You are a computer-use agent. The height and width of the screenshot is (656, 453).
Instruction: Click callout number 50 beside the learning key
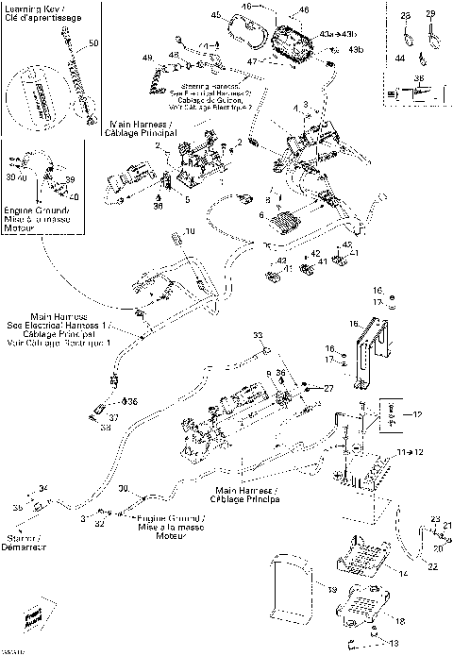92,44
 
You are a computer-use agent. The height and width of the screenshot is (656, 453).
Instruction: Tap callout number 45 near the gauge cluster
215,16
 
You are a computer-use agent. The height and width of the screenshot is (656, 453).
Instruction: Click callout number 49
147,59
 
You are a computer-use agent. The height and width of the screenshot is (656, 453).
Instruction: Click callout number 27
328,388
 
